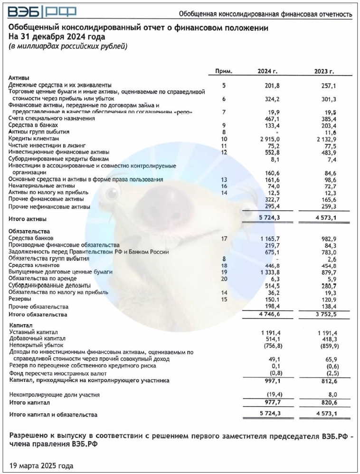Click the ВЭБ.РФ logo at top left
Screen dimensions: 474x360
(42, 11)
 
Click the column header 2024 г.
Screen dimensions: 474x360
(267, 71)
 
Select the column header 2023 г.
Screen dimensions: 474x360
(324, 71)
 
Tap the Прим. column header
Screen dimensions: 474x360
(223, 71)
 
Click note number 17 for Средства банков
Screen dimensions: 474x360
(224, 238)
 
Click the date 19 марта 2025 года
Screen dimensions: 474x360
(41, 465)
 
